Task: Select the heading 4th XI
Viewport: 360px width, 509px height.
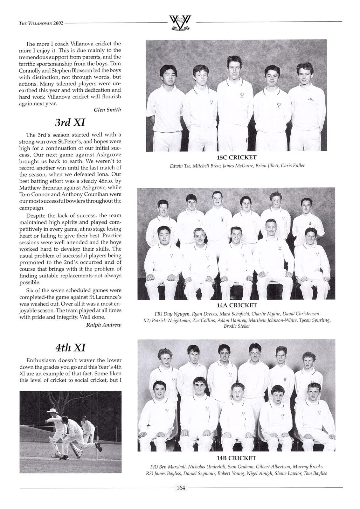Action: (70, 347)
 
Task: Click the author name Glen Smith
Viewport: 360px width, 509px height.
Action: (107, 110)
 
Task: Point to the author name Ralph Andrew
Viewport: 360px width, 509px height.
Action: (104, 325)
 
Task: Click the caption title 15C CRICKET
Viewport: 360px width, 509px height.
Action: (236, 157)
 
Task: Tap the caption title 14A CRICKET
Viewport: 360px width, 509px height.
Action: (237, 305)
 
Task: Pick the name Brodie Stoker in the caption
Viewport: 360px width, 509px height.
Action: (237, 326)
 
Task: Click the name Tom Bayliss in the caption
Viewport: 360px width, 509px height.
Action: (315, 473)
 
